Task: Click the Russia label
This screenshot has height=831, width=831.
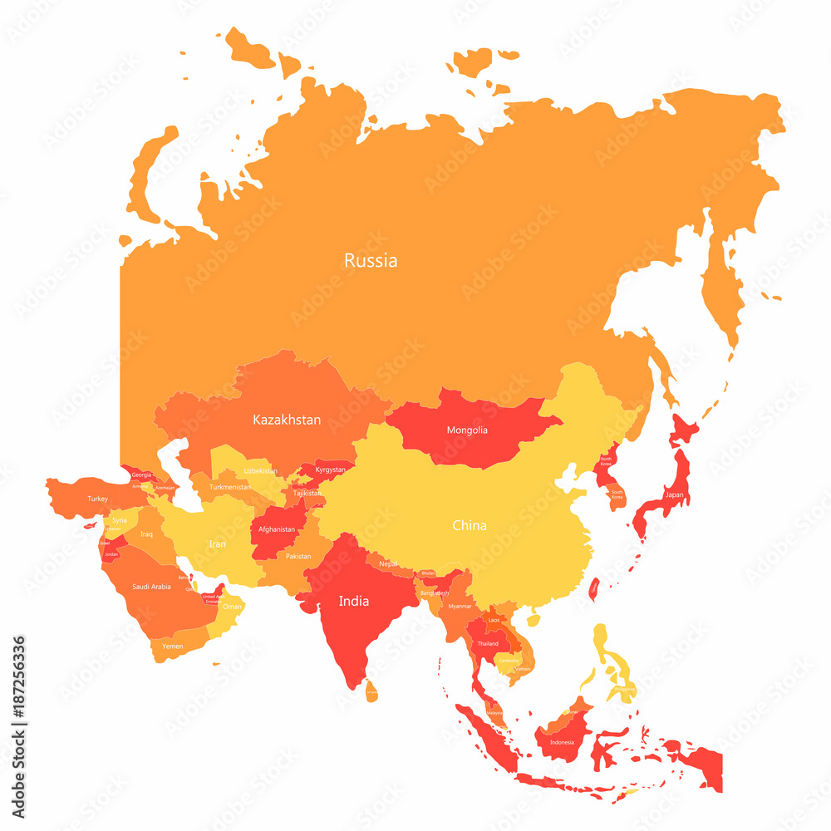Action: pos(371,261)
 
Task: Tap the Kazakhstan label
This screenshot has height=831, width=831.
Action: pos(287,420)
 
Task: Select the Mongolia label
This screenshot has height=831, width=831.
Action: pos(467,430)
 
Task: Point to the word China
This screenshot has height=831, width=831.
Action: pos(470,525)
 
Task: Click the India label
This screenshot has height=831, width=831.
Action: pos(354,601)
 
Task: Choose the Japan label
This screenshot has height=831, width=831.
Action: pos(675,495)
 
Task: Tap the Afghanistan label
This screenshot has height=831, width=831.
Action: pos(277,529)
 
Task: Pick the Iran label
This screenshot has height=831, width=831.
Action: pos(217,543)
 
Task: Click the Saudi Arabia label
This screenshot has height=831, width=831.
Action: pos(151,587)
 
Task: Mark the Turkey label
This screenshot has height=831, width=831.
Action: pos(98,499)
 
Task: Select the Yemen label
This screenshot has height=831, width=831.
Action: pos(172,646)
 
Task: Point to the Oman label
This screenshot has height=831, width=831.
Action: pos(232,607)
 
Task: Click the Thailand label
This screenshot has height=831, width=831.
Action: pos(488,643)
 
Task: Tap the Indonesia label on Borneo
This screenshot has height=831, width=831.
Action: pos(562,742)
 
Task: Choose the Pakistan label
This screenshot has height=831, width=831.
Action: pos(298,556)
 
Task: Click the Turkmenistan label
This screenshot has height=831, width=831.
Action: pos(230,487)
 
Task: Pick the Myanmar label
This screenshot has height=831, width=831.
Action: pos(460,607)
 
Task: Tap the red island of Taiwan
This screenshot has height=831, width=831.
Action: pos(594,589)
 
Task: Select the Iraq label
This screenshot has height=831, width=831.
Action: pos(146,534)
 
